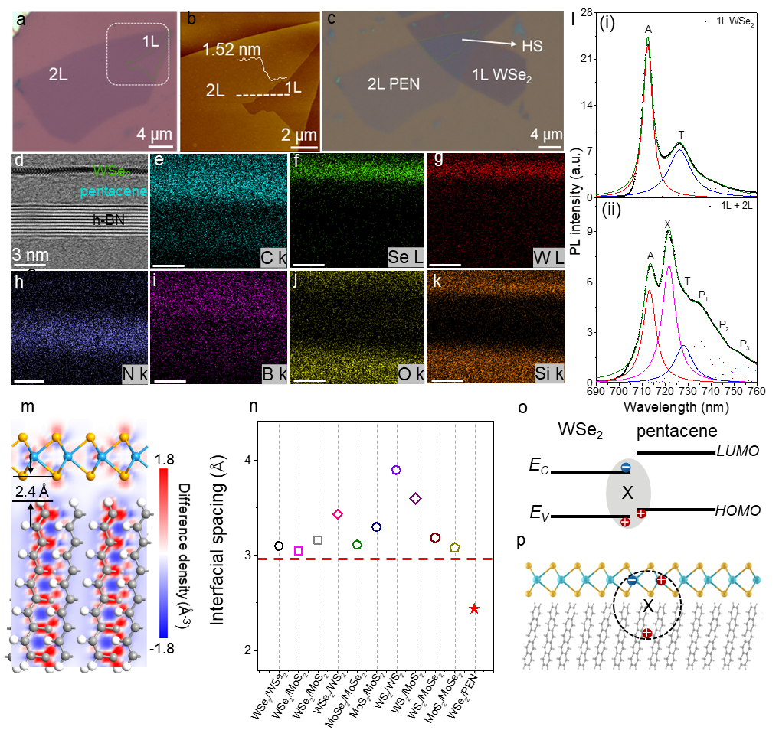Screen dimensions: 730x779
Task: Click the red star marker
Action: click(474, 609)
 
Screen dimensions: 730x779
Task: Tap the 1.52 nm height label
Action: click(232, 51)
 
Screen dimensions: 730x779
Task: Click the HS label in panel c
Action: click(532, 47)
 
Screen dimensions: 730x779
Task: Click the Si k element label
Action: click(549, 374)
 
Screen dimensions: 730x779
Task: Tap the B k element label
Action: click(272, 374)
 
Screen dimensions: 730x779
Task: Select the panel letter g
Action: click(438, 158)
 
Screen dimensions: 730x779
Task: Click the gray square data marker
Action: click(318, 540)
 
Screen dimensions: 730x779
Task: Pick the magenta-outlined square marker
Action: click(299, 550)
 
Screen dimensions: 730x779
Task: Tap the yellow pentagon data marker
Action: click(455, 548)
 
